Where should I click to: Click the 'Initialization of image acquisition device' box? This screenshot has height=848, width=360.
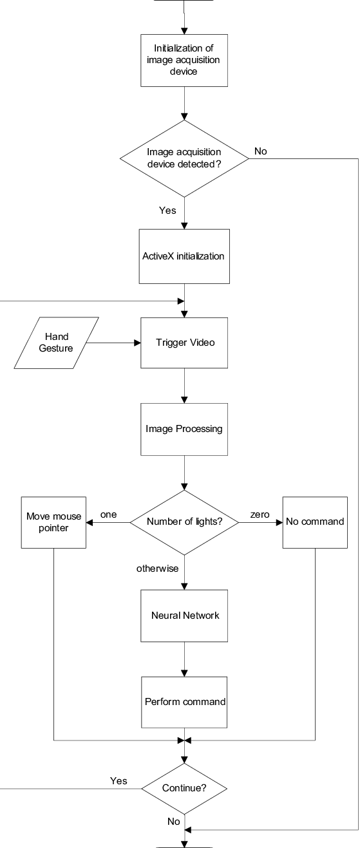coord(184,60)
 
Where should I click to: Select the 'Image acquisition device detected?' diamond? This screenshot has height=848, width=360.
coord(184,158)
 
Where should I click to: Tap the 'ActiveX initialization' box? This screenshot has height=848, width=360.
coord(184,256)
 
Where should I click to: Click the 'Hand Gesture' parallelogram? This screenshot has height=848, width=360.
coord(56,343)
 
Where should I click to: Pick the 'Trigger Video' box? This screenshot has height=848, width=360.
coord(184,343)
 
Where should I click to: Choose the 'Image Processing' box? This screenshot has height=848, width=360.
coord(184,429)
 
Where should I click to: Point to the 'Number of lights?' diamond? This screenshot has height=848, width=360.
coord(184,522)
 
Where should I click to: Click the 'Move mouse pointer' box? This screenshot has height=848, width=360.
coord(53,522)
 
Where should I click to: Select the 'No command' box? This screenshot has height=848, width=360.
coord(315,522)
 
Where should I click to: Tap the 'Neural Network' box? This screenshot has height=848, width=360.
coord(184,616)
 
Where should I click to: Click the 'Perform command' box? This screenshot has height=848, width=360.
coord(184,702)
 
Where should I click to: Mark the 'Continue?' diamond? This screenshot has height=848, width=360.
coord(184,789)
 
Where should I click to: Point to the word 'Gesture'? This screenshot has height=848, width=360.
coord(56,348)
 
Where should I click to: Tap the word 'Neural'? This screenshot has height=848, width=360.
coord(165,616)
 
